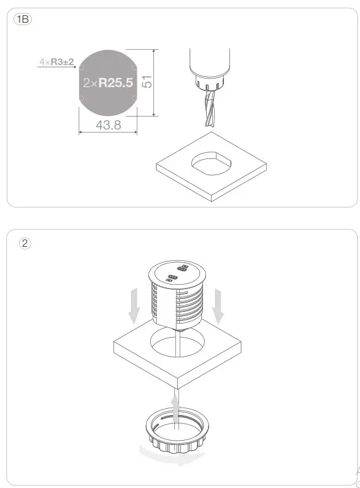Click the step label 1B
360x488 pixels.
pyautogui.click(x=23, y=20)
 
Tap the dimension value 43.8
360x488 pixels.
pyautogui.click(x=109, y=125)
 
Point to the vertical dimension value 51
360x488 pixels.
pyautogui.click(x=147, y=82)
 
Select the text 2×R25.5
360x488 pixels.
pyautogui.click(x=108, y=82)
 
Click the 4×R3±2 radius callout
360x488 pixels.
pyautogui.click(x=56, y=62)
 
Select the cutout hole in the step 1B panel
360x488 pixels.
pyautogui.click(x=212, y=163)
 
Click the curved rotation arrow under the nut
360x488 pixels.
pyautogui.click(x=172, y=456)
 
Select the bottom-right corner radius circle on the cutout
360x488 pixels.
pyautogui.click(x=134, y=99)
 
